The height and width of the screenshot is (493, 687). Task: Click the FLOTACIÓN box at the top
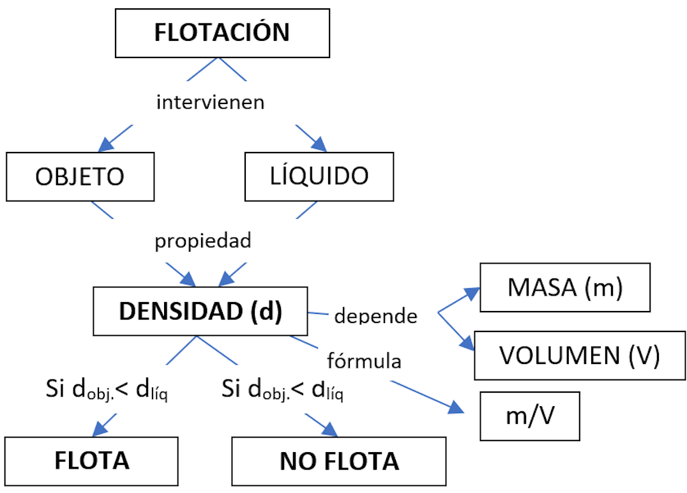coord(222,32)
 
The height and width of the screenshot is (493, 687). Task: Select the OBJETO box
coord(80,176)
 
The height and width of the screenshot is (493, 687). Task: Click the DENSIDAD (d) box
coord(200,311)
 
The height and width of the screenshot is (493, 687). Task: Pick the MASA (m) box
coord(565,287)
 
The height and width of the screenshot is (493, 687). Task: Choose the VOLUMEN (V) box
coord(580,356)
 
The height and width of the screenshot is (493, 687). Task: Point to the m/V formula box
coord(530,416)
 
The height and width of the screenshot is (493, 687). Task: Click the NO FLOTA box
coord(339,460)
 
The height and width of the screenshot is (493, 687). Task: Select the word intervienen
coord(211,102)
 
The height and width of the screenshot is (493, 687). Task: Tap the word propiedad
coord(203,241)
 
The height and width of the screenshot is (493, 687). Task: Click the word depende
coord(375,315)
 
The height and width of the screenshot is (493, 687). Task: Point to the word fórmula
coord(364,361)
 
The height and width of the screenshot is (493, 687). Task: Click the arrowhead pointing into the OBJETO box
coord(107,146)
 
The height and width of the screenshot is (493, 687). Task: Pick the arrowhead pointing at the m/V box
coord(457,409)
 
